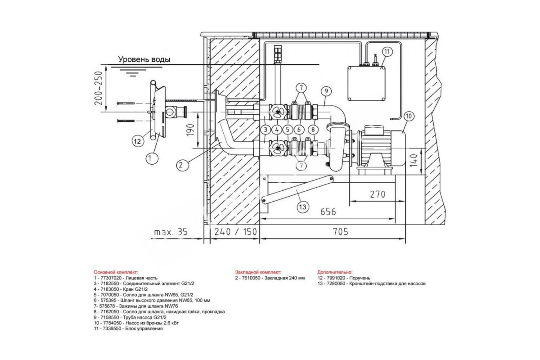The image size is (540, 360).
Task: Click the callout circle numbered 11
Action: pyautogui.click(x=387, y=52)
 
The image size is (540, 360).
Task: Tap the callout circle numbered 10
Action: pyautogui.click(x=409, y=116)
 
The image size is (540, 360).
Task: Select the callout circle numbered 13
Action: pyautogui.click(x=302, y=207)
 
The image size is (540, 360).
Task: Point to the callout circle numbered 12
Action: pyautogui.click(x=137, y=141)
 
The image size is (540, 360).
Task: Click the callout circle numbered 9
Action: pyautogui.click(x=326, y=91)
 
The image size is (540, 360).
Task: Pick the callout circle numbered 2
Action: pyautogui.click(x=183, y=165)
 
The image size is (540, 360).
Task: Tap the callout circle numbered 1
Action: pyautogui.click(x=152, y=158)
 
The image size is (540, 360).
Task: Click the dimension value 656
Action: pyautogui.click(x=328, y=211)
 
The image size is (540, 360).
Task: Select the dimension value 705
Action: pyautogui.click(x=340, y=232)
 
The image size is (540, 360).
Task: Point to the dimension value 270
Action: pyautogui.click(x=377, y=194)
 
